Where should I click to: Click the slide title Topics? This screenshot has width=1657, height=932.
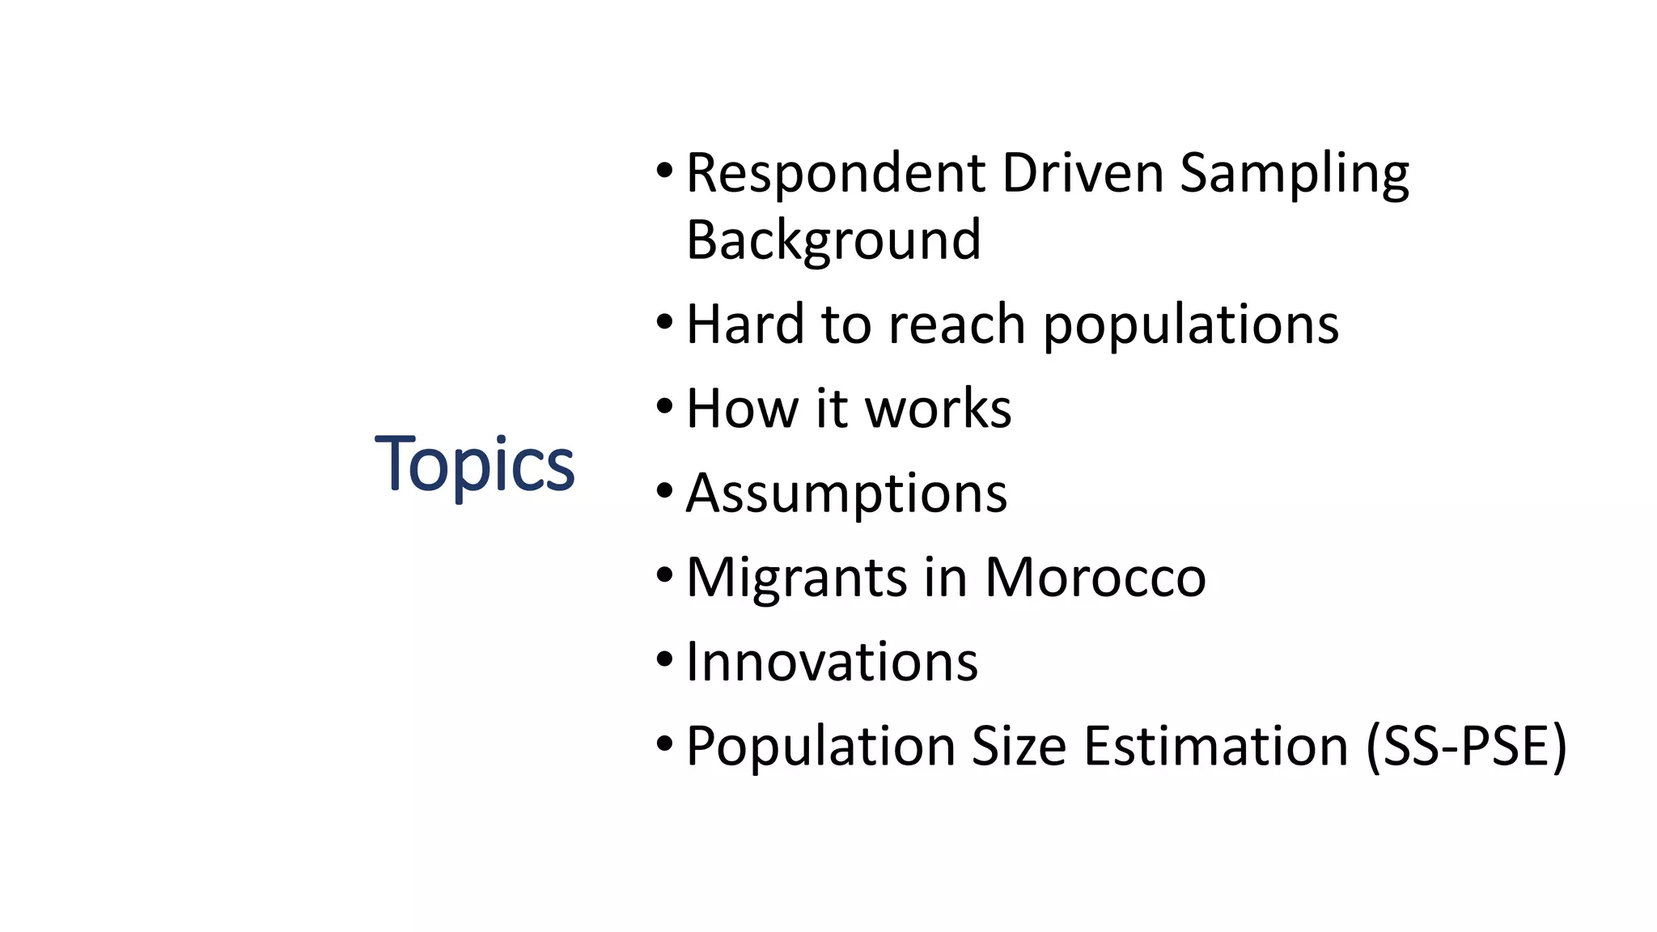(474, 464)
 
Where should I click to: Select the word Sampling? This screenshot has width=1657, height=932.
(1294, 175)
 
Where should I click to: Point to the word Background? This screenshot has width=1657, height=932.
(833, 240)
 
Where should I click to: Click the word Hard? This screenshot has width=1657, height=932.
(744, 324)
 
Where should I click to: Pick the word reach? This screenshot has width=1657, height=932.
(957, 324)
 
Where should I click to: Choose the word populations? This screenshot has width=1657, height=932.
(1190, 326)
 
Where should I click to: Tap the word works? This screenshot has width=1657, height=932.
(939, 409)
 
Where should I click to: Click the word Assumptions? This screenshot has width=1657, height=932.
(846, 494)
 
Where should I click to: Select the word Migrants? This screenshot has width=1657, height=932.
(796, 578)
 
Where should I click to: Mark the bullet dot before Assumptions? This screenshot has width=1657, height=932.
(664, 491)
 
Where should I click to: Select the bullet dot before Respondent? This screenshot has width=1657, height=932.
(664, 171)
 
